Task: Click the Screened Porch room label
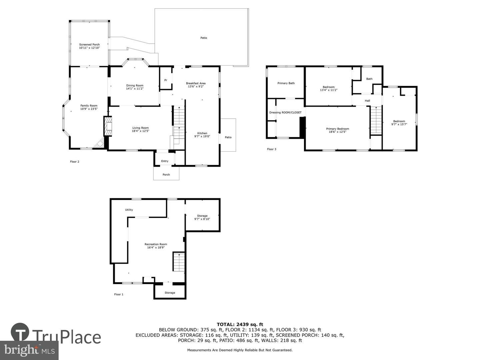click(89, 44)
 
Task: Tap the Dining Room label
click(135, 85)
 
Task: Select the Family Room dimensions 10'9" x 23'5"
click(89, 109)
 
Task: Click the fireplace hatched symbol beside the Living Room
click(108, 126)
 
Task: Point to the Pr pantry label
click(166, 80)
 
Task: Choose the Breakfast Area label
click(196, 83)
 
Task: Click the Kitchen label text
click(202, 133)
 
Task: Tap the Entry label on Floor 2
click(165, 161)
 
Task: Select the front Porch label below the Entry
click(166, 175)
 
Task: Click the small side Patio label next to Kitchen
click(228, 137)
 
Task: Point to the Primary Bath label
click(286, 83)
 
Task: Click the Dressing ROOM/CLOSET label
click(285, 112)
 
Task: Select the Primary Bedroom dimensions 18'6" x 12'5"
click(337, 132)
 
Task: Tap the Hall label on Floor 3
click(367, 101)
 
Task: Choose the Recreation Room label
click(156, 244)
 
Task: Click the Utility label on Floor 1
click(129, 210)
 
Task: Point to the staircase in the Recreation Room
click(178, 262)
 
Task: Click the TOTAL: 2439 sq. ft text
click(240, 324)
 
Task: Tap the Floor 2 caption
click(74, 162)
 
